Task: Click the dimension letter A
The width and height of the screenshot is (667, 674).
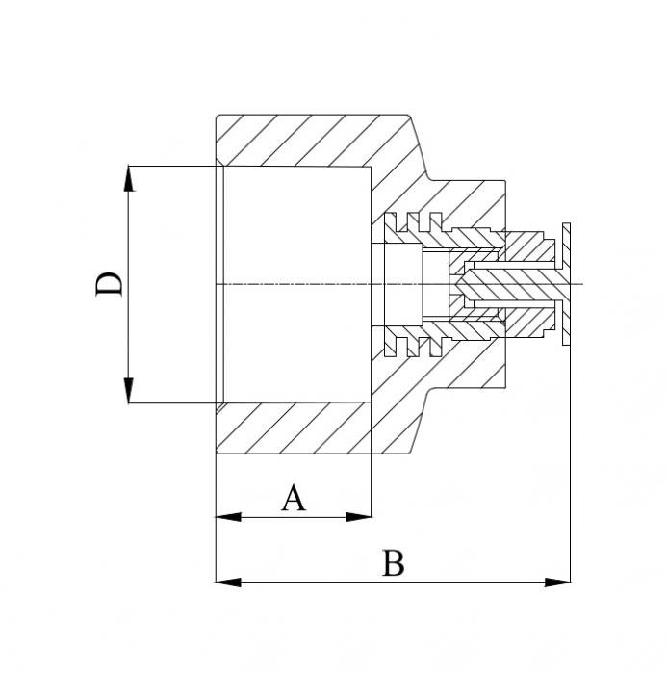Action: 294,499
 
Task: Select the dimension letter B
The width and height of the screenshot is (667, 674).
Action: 392,563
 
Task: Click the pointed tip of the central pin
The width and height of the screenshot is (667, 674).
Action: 459,284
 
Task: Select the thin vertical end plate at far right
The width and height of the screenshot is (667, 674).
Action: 567,284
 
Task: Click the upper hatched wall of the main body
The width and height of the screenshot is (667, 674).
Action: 308,140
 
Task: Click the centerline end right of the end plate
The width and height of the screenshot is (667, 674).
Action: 580,284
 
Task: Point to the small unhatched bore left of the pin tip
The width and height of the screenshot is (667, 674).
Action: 401,284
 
